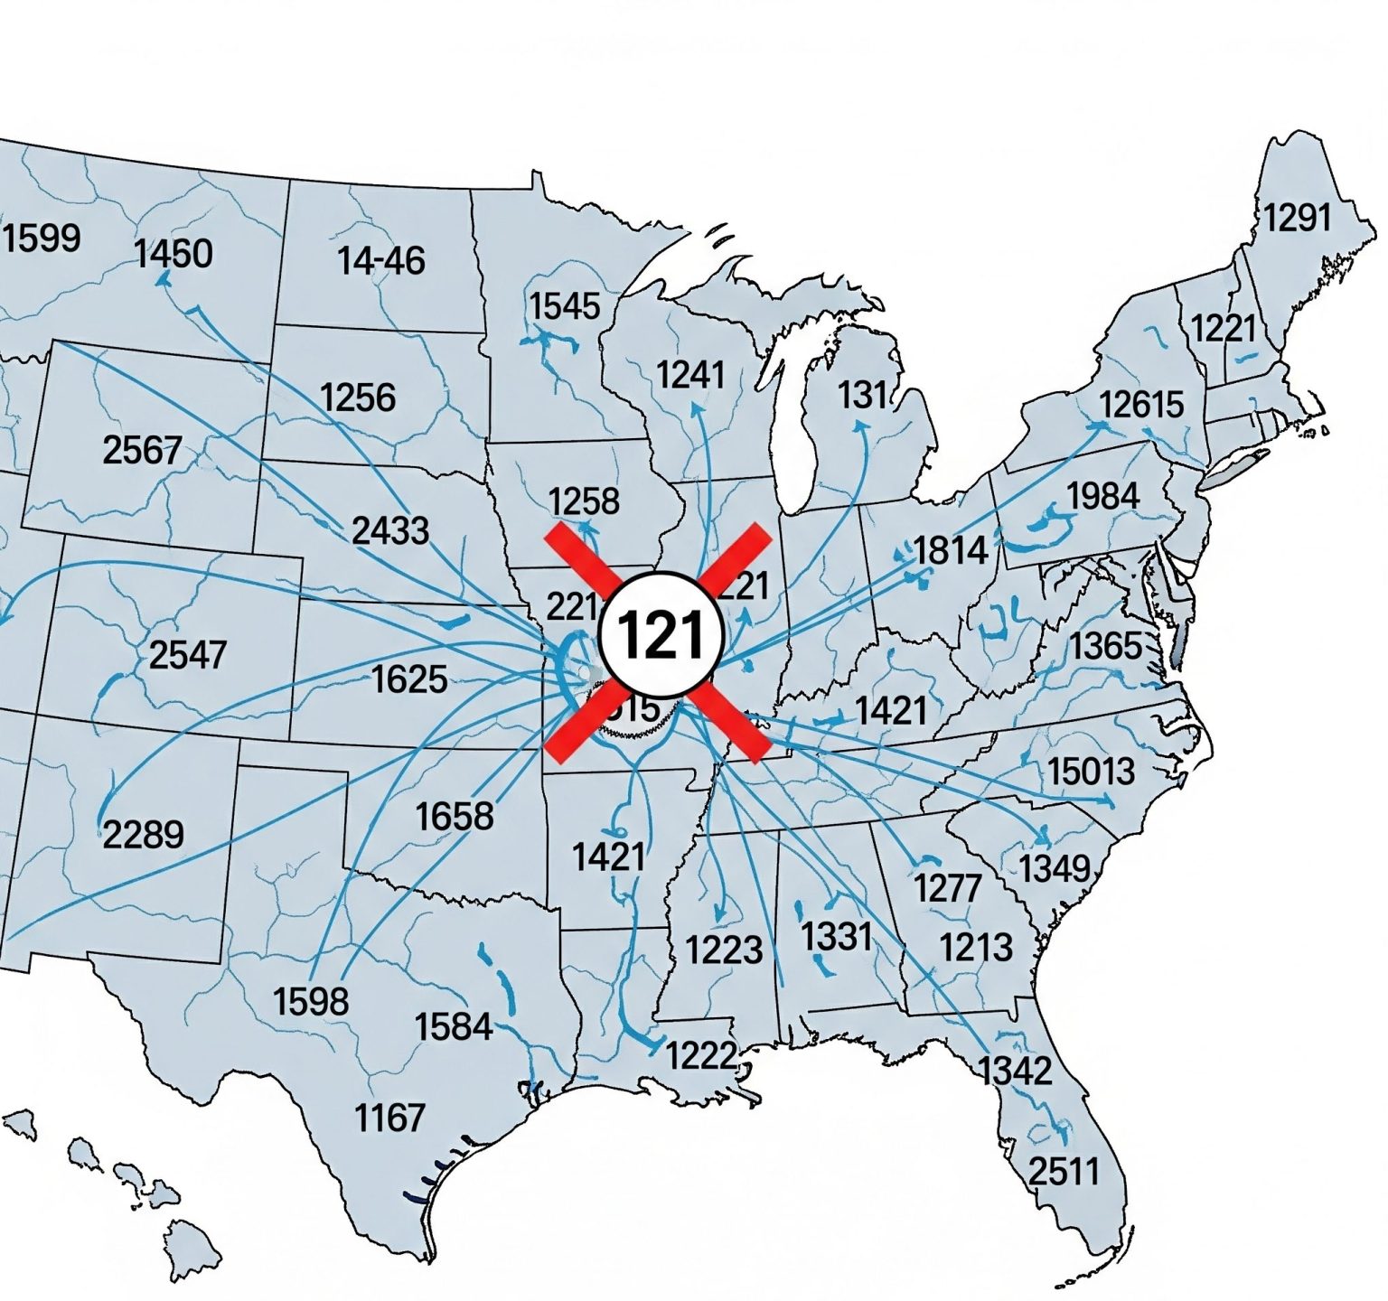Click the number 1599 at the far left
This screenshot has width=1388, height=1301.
[42, 239]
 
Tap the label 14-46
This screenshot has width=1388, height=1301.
[380, 261]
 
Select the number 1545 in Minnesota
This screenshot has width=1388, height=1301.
[564, 306]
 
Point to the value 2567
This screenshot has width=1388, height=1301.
[142, 450]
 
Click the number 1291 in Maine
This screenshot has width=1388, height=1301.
[1297, 218]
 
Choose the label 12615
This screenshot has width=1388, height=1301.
[1141, 404]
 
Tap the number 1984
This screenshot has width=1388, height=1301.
[1102, 496]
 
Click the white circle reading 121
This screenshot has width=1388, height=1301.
[662, 634]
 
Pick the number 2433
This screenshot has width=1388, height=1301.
[389, 530]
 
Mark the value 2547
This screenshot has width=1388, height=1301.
[187, 655]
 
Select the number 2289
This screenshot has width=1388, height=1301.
[143, 834]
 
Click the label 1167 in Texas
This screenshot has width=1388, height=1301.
[389, 1118]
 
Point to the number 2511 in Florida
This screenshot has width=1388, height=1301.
[1064, 1172]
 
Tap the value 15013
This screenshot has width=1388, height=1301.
[1091, 772]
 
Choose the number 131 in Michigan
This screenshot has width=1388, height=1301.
[863, 395]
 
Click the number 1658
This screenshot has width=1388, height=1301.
[455, 817]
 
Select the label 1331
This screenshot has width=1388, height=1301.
[836, 935]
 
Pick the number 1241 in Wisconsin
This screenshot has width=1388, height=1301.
[690, 374]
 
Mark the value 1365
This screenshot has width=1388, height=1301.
[1106, 646]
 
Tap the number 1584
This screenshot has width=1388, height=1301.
[454, 1027]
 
